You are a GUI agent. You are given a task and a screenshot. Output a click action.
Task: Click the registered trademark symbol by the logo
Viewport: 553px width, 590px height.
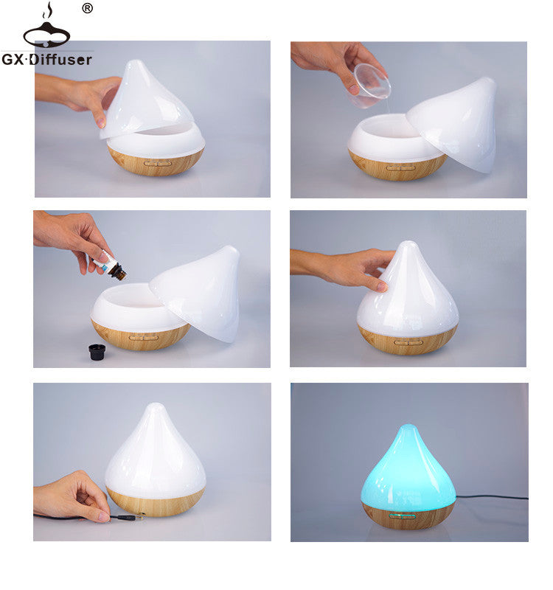pyautogui.click(x=87, y=9)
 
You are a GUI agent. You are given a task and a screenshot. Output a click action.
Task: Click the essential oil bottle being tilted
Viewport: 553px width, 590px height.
pyautogui.click(x=112, y=266)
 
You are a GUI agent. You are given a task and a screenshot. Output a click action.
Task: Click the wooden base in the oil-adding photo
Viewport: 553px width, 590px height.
pyautogui.click(x=140, y=336)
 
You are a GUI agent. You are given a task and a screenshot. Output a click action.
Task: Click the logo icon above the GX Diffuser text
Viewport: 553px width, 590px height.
pyautogui.click(x=46, y=29)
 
